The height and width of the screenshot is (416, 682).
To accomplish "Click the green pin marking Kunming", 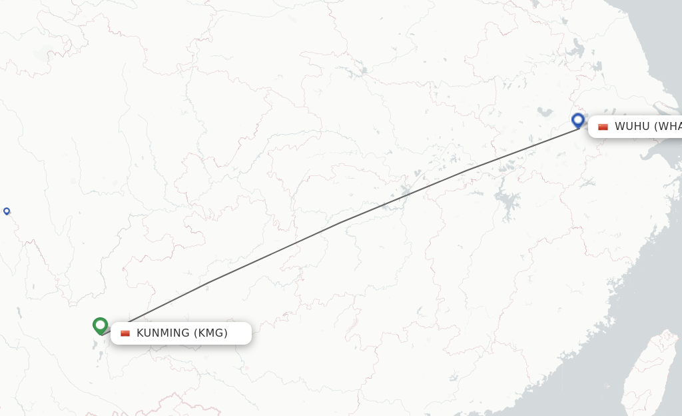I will click(x=101, y=325).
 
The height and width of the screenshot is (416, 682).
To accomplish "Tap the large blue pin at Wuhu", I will click(x=578, y=120).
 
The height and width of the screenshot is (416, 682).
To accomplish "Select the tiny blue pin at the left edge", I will click(x=7, y=211).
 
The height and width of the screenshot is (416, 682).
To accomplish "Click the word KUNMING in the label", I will click(x=163, y=333).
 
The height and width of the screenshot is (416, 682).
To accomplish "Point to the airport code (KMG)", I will click(x=210, y=333).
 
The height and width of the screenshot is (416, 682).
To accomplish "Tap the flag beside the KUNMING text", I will click(x=125, y=333).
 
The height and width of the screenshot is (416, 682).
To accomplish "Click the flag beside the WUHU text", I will click(x=603, y=127).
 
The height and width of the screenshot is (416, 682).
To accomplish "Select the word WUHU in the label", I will click(x=631, y=126).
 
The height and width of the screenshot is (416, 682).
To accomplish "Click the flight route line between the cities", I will click(x=340, y=223).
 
